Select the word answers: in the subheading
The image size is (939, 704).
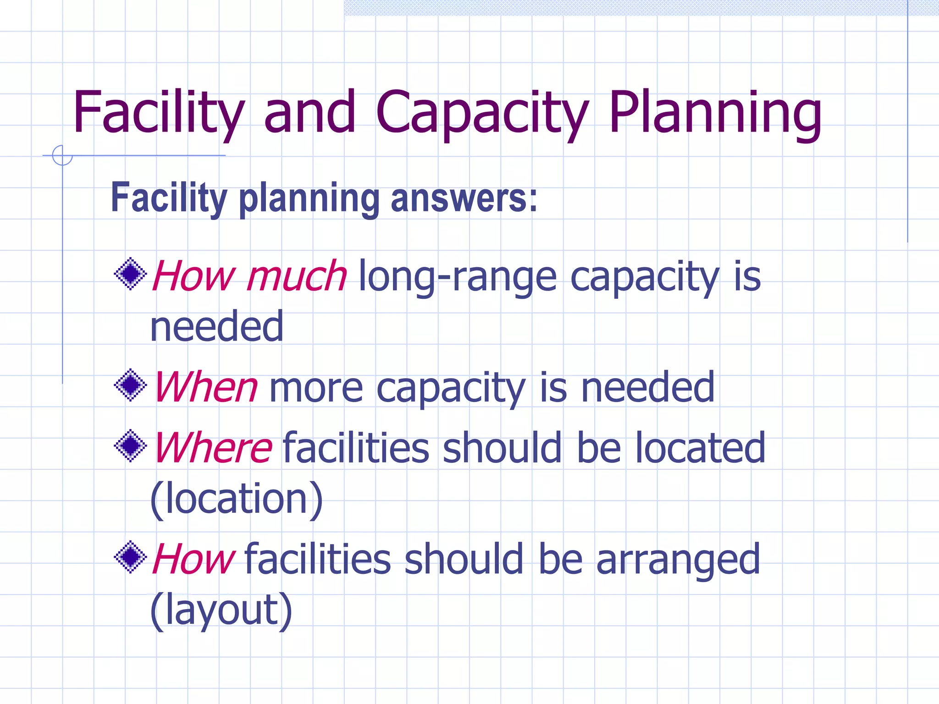464,198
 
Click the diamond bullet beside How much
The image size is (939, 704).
131,274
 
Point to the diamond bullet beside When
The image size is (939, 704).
131,385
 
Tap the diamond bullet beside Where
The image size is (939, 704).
131,445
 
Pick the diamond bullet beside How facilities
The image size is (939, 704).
131,557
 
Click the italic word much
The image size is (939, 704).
297,276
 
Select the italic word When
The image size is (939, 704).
206,388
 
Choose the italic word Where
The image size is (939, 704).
213,448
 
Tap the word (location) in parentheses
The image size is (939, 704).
237,499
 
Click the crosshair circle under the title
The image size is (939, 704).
62,155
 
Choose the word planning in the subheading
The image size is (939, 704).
309,199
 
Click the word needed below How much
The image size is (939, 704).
217,326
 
